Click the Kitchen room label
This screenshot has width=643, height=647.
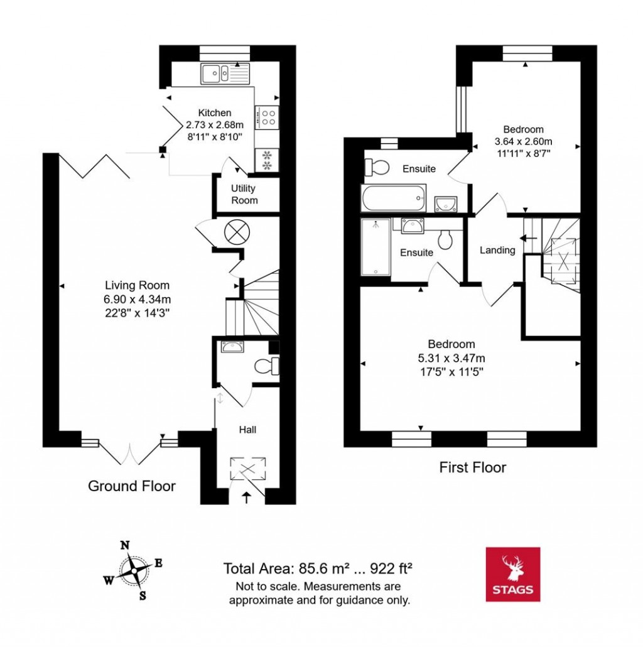[x=215, y=113]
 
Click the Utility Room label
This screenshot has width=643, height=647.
[x=244, y=194]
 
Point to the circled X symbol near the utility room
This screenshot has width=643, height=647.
[x=238, y=232]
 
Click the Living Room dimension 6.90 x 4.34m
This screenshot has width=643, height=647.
[x=138, y=298]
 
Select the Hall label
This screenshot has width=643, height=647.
[x=247, y=430]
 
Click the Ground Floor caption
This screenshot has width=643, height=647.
[x=131, y=486]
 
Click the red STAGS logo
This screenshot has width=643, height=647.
[x=513, y=574]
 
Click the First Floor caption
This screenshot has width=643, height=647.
[x=472, y=467]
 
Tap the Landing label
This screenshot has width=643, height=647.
[x=497, y=250]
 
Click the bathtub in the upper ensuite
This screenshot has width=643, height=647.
[x=394, y=198]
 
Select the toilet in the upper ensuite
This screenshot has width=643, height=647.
[x=378, y=167]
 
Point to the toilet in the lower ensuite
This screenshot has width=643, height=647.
[x=446, y=239]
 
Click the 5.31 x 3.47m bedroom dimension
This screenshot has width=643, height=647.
[x=451, y=358]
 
